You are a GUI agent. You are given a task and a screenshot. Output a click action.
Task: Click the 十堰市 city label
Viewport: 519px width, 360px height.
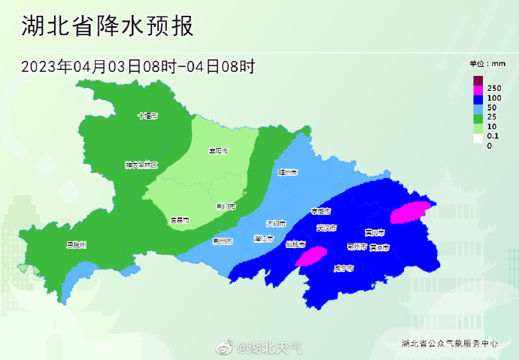click(147, 116)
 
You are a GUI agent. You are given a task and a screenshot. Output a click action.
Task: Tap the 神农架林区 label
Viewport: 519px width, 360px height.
click(141, 165)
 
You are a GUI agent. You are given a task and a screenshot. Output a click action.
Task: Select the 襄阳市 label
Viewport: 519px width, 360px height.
click(218, 151)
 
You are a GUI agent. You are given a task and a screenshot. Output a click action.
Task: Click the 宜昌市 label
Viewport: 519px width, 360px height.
click(179, 220)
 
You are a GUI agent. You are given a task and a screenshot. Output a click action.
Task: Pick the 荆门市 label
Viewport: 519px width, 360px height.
click(226, 206)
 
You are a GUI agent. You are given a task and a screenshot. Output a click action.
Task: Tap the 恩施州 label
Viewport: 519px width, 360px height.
click(77, 245)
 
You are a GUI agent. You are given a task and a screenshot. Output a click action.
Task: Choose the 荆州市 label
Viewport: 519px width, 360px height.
click(223, 241)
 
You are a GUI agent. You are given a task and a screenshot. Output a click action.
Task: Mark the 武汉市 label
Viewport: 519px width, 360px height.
click(326, 228)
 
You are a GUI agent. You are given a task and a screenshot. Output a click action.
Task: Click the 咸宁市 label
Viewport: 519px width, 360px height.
click(344, 268)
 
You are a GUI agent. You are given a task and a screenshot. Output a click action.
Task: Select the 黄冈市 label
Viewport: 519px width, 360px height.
click(375, 232)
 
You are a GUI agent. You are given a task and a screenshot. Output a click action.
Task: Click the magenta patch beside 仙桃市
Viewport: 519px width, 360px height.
click(311, 256)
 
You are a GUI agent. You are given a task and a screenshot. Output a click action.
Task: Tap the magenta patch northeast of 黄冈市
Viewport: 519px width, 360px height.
click(412, 211)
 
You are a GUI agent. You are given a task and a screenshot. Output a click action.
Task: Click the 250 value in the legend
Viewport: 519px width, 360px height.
click(494, 89)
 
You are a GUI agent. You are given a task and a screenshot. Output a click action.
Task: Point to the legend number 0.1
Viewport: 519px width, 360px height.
click(493, 136)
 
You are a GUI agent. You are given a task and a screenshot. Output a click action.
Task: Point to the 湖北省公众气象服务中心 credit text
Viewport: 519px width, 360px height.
click(450, 343)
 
